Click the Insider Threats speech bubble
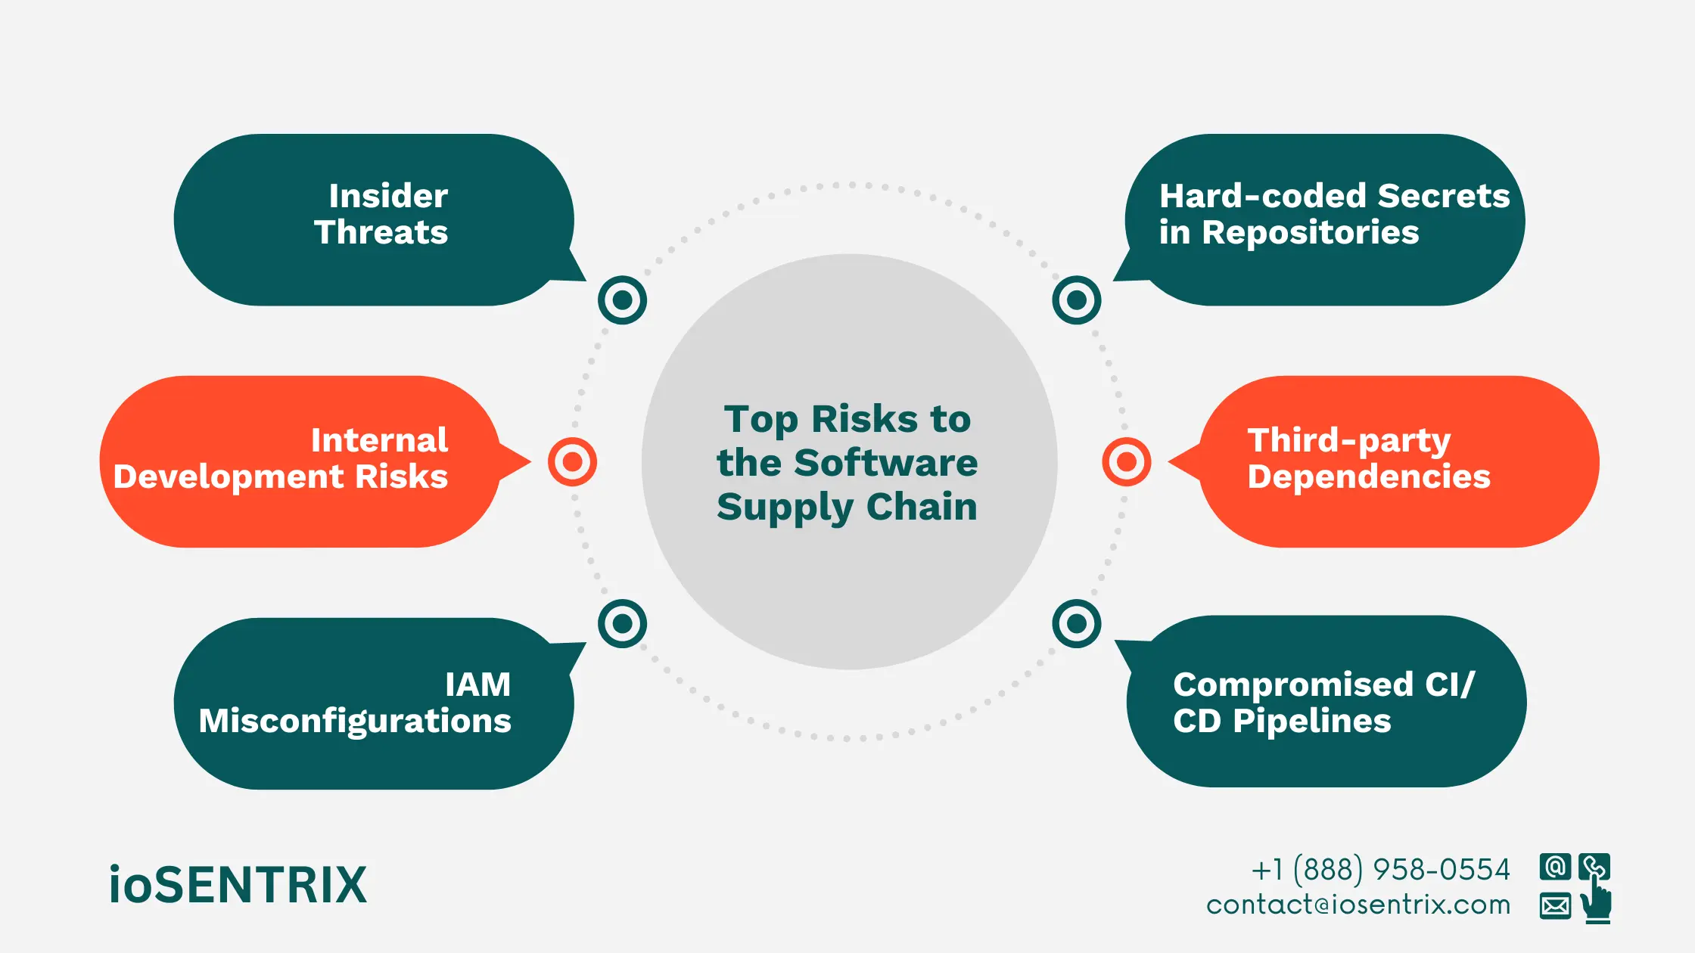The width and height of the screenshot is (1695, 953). point(374,219)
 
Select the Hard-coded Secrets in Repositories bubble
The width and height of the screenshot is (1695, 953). point(1324,219)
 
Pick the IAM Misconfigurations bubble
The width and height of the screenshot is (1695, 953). point(374,703)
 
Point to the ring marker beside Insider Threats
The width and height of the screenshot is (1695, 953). point(622,300)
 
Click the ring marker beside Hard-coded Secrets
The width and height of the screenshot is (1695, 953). point(1076,300)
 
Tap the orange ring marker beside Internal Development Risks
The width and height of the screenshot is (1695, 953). point(572,461)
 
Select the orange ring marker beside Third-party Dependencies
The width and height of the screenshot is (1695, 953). point(1127,461)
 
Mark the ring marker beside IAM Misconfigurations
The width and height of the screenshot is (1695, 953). point(622,624)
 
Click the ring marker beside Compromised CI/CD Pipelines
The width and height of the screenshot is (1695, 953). point(1076,624)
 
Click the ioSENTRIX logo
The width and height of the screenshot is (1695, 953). point(238,885)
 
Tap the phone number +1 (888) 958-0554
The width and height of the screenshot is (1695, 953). point(1380,870)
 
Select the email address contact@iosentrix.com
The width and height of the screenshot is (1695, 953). point(1358,905)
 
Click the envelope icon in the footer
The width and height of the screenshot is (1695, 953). point(1555,905)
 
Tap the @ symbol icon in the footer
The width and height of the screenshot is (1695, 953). point(1555,867)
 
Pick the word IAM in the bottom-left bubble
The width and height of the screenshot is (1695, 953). point(477,684)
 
